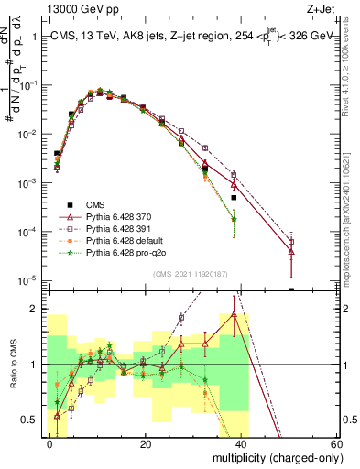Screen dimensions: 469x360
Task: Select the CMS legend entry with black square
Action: point(84,204)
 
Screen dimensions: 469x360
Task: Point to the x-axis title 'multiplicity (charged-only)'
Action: point(271,455)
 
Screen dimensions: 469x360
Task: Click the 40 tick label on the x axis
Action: point(241,442)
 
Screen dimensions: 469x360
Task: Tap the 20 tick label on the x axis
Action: point(146,442)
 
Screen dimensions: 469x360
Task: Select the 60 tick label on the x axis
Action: point(335,442)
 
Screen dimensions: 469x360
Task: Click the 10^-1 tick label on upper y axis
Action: point(27,85)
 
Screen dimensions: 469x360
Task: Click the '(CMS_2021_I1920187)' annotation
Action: point(191,274)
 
